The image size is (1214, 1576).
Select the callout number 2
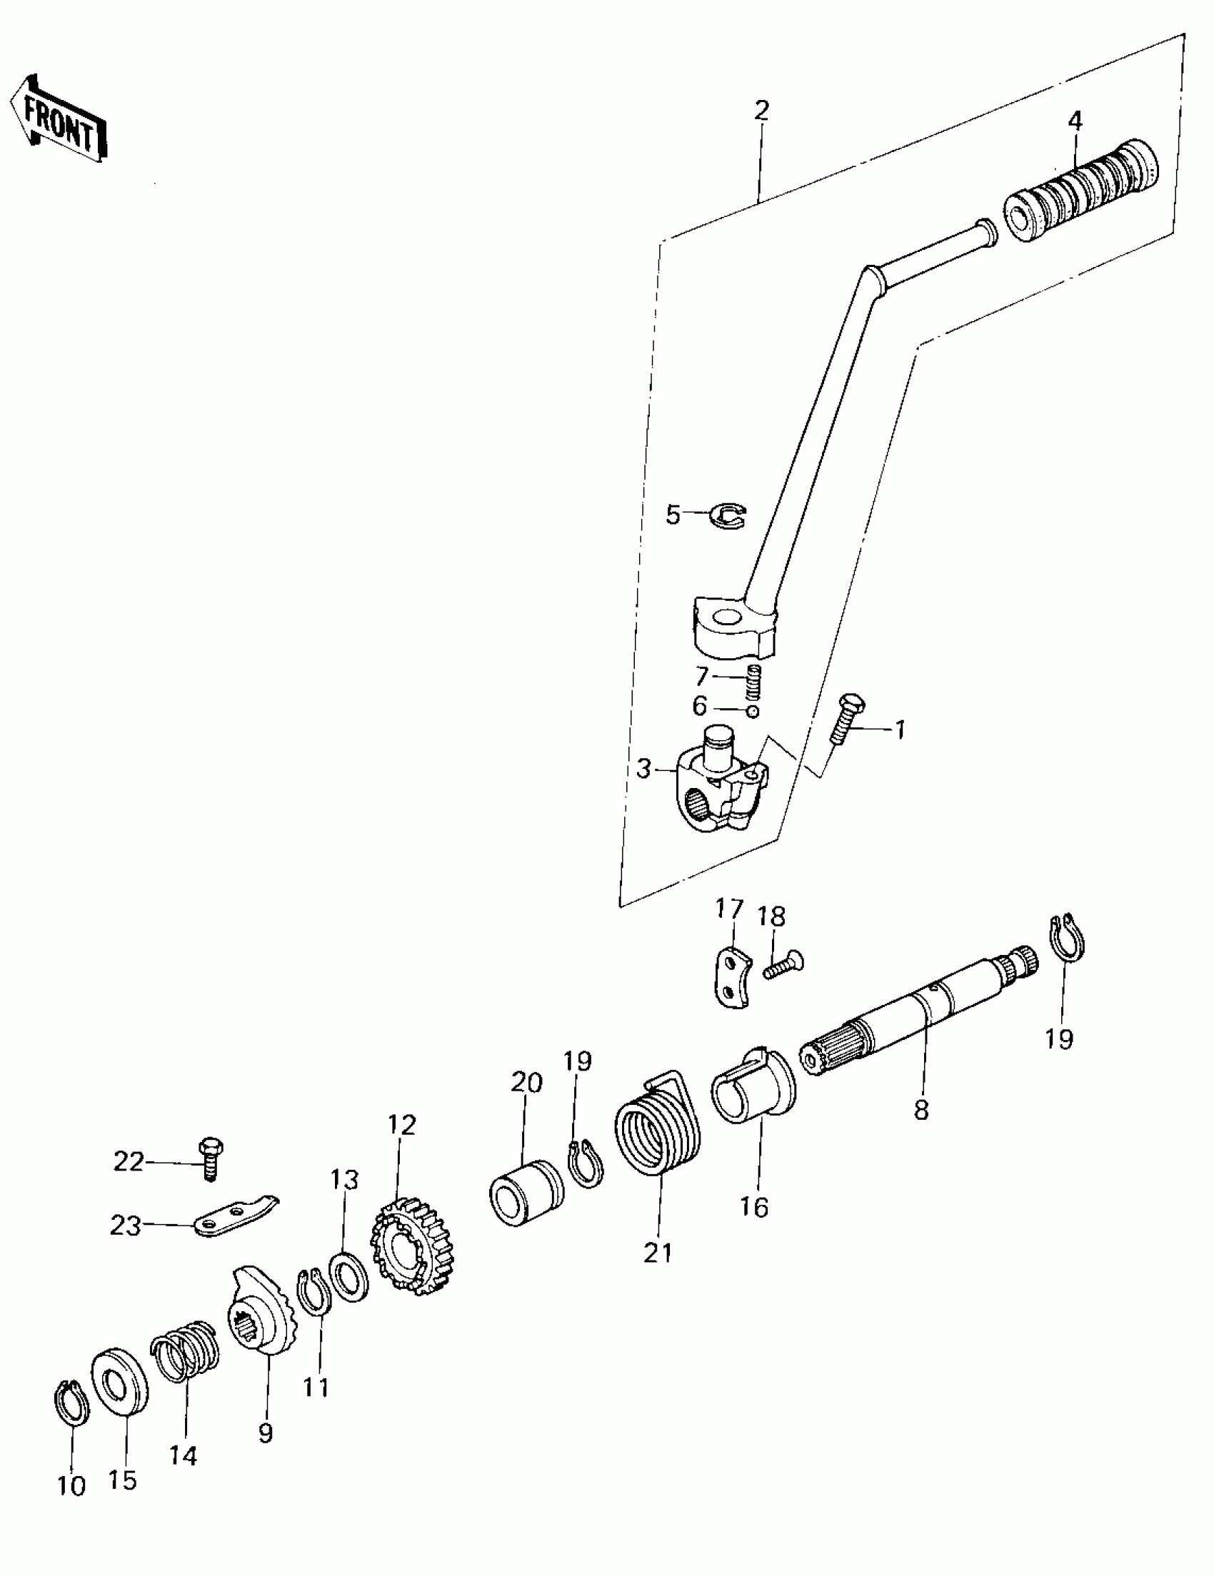tap(761, 111)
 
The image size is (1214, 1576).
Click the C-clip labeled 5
tap(728, 515)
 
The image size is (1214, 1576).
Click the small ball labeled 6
tap(753, 712)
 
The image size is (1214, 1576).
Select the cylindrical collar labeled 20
tap(526, 1192)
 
